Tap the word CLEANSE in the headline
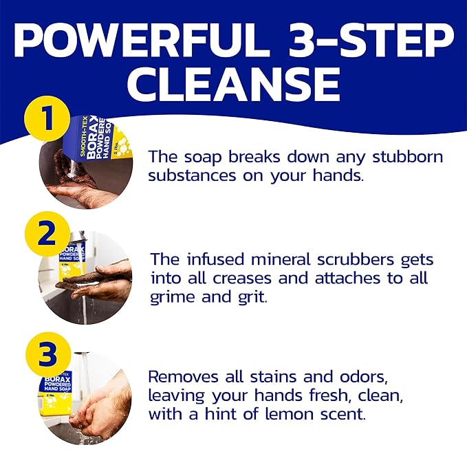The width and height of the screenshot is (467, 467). [234, 83]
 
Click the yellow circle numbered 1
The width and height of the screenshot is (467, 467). [47, 118]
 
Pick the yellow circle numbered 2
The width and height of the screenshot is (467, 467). [47, 234]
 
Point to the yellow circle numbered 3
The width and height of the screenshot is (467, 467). [47, 355]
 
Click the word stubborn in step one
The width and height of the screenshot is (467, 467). [407, 156]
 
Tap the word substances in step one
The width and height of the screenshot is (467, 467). [192, 175]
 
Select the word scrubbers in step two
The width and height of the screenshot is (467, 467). [356, 259]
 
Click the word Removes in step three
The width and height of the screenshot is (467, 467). [184, 377]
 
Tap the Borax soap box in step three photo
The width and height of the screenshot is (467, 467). [56, 396]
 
